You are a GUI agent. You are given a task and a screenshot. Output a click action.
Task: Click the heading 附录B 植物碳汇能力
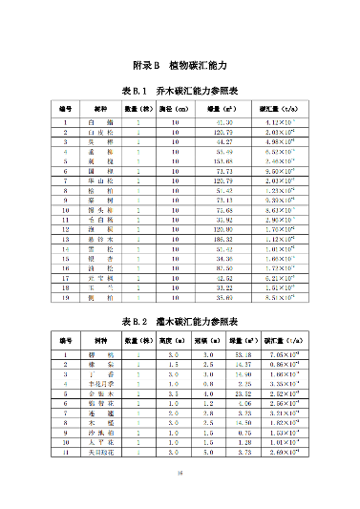coord(180,65)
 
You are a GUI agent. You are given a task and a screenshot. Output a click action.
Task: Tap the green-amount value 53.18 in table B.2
coord(243,354)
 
